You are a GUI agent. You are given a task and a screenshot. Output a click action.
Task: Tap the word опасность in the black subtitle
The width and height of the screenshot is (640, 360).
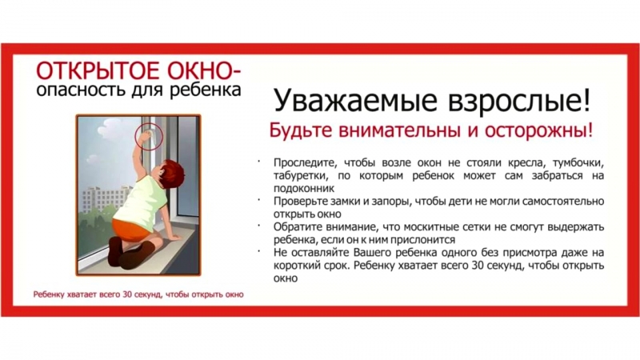point(82,90)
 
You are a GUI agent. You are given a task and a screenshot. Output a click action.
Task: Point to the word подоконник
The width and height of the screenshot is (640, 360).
point(304,189)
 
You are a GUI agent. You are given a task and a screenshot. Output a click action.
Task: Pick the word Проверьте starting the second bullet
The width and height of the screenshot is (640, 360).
point(298,202)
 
